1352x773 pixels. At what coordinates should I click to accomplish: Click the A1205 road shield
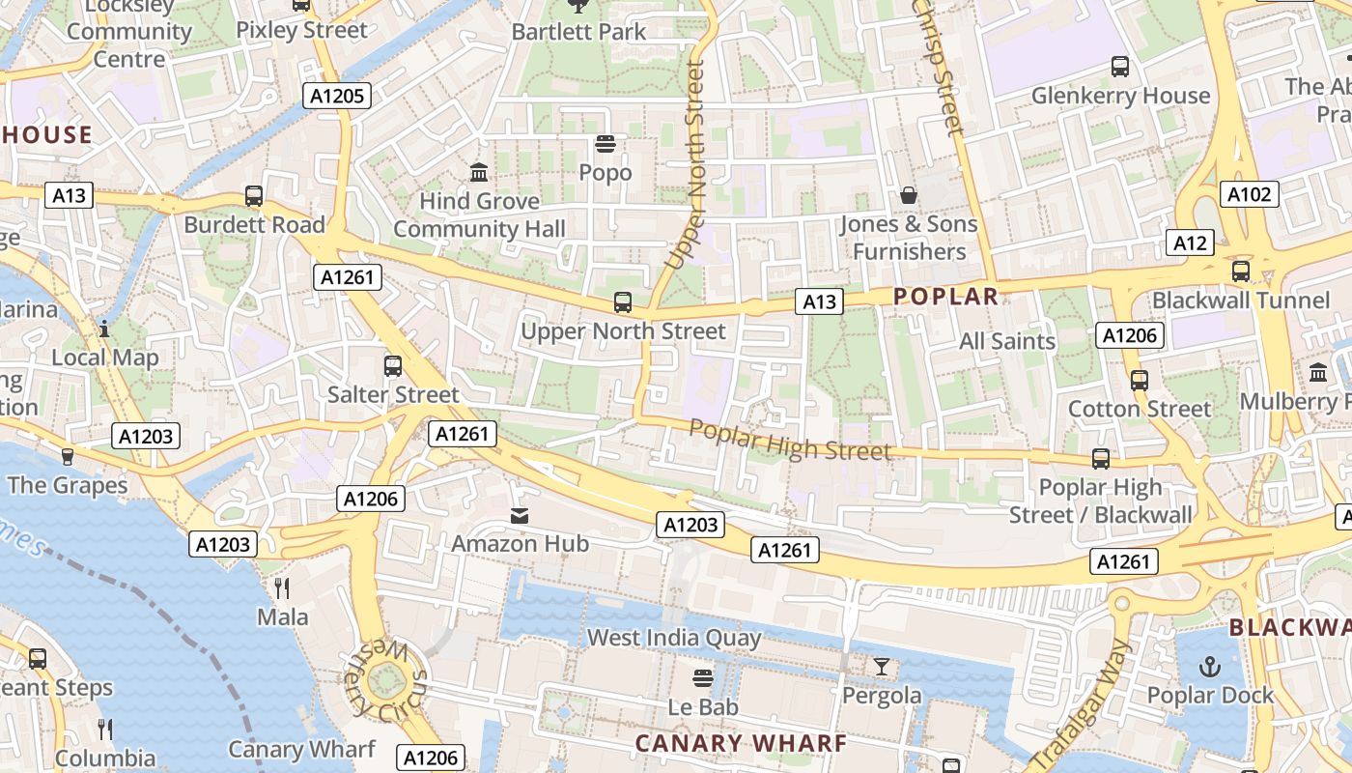pyautogui.click(x=336, y=95)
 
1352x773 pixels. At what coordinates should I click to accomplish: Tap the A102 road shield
pyautogui.click(x=1249, y=194)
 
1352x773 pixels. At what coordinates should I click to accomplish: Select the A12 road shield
pyautogui.click(x=1189, y=243)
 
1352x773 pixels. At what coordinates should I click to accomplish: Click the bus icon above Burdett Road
pyautogui.click(x=254, y=196)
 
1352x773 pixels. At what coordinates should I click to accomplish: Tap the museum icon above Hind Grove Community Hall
pyautogui.click(x=478, y=173)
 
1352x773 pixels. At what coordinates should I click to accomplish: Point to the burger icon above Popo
pyautogui.click(x=606, y=145)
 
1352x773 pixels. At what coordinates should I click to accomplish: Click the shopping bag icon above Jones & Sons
pyautogui.click(x=909, y=195)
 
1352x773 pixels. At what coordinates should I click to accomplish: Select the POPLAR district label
pyautogui.click(x=945, y=297)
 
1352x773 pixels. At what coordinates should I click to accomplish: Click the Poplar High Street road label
pyautogui.click(x=790, y=441)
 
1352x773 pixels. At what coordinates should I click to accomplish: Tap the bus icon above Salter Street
pyautogui.click(x=392, y=366)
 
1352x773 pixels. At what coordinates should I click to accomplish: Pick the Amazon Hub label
pyautogui.click(x=520, y=544)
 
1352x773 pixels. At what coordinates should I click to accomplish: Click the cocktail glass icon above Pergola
pyautogui.click(x=881, y=667)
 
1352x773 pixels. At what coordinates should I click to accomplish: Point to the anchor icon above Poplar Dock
pyautogui.click(x=1209, y=667)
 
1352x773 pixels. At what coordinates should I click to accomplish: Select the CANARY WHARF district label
pyautogui.click(x=741, y=743)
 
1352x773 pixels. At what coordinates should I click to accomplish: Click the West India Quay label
pyautogui.click(x=674, y=638)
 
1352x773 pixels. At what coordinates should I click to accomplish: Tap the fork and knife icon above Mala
pyautogui.click(x=282, y=587)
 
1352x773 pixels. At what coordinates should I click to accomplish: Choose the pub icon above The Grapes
pyautogui.click(x=67, y=456)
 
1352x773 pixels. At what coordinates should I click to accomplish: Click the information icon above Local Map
pyautogui.click(x=104, y=329)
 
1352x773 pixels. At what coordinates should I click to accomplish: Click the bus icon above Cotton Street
pyautogui.click(x=1139, y=380)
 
